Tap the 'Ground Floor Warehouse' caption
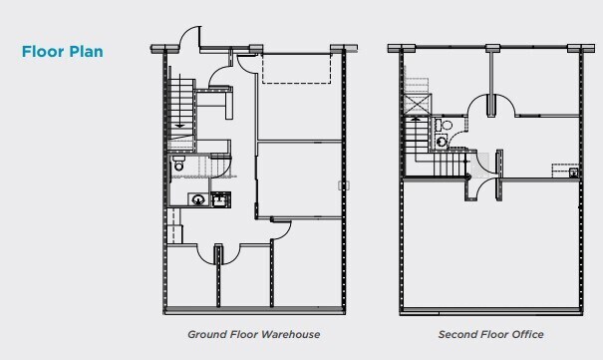point(253,334)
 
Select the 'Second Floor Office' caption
point(491,334)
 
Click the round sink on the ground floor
point(198,199)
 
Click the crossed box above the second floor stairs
point(416,103)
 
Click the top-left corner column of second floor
point(396,47)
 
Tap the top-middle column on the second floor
point(492,47)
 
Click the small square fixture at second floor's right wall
point(574,173)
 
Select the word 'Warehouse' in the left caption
point(289,334)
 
